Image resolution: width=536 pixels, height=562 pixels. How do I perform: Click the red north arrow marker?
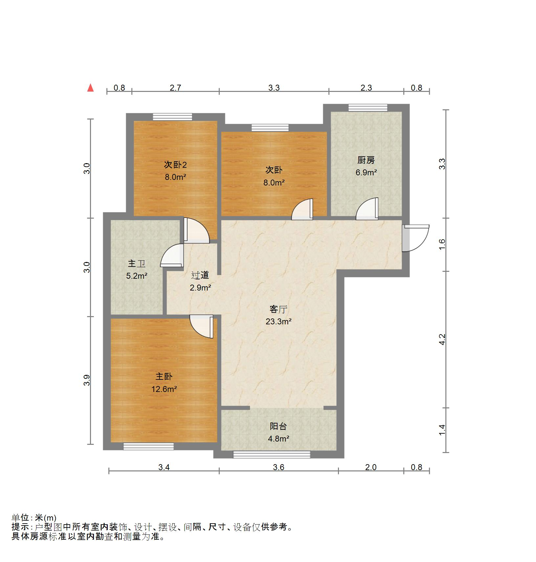(x=90, y=88)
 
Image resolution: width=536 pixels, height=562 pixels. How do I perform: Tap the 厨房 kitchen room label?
(x=366, y=160)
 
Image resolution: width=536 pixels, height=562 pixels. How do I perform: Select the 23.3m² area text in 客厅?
(x=279, y=322)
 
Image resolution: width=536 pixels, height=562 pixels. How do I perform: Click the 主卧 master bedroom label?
(x=164, y=377)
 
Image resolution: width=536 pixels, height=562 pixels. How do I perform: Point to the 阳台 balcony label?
(x=278, y=426)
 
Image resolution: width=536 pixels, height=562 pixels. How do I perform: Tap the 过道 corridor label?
(x=200, y=275)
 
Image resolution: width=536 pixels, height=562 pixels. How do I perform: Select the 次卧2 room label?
(x=175, y=165)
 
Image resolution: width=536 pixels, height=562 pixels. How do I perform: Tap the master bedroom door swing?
(x=202, y=326)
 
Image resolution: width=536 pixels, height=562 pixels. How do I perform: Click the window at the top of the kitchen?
(x=368, y=108)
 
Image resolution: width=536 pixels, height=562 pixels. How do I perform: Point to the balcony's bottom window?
(x=272, y=454)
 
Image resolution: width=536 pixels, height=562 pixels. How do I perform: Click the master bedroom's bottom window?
(x=148, y=446)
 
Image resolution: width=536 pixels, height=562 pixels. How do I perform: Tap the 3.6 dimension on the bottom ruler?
(x=279, y=467)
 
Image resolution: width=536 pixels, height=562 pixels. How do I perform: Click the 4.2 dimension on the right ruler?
(x=442, y=339)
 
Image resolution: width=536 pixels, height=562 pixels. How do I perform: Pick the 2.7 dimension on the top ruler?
(x=175, y=88)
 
